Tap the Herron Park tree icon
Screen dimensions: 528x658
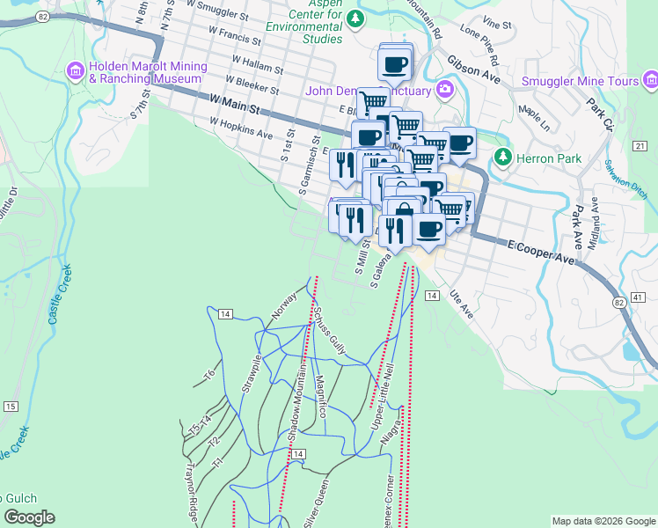coord(502,158)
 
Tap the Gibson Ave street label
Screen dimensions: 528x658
coord(473,70)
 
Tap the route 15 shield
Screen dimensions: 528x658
coord(10,406)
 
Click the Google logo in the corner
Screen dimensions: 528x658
coord(29,517)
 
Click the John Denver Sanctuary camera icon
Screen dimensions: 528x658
coord(445,89)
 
